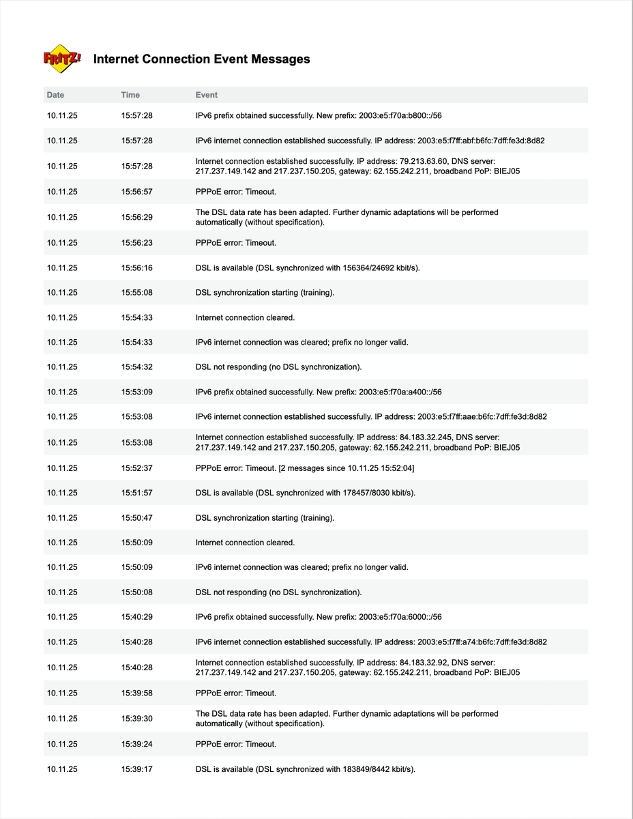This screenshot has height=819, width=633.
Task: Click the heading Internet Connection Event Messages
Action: click(201, 59)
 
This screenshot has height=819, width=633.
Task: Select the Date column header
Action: click(55, 95)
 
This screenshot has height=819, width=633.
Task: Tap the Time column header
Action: click(130, 95)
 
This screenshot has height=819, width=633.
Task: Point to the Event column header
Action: click(207, 95)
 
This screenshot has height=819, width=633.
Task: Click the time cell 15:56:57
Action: click(137, 192)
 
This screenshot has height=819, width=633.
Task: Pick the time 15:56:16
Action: click(137, 268)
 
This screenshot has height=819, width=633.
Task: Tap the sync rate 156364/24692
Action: click(368, 268)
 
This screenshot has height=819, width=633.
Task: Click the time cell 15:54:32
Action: click(137, 367)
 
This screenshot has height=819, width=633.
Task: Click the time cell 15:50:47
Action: click(137, 518)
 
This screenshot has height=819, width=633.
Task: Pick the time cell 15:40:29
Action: click(137, 617)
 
